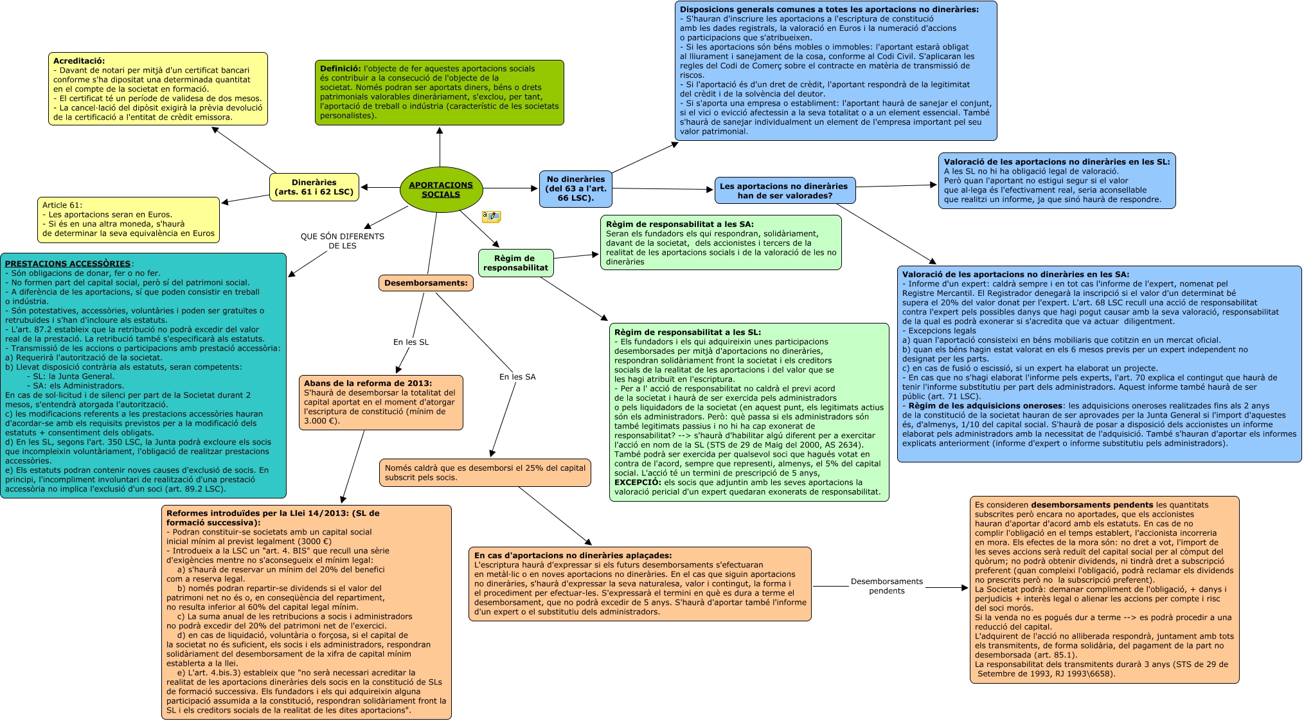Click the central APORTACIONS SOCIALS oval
(x=440, y=189)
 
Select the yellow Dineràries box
(x=314, y=187)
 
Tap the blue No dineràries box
(x=575, y=188)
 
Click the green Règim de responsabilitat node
(x=515, y=263)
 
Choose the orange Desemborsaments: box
(x=425, y=283)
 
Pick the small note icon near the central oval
(x=491, y=217)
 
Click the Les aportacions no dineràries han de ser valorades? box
(x=784, y=190)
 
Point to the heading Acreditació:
(x=78, y=61)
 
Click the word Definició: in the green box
(x=341, y=69)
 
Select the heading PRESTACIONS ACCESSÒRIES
(x=67, y=264)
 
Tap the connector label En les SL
(x=411, y=342)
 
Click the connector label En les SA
(x=517, y=377)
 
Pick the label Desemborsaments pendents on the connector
(x=886, y=586)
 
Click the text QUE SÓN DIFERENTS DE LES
(x=342, y=241)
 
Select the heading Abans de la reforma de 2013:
(x=368, y=383)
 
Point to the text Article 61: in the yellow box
(x=62, y=205)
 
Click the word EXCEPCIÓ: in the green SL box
(x=638, y=482)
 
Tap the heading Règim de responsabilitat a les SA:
(x=679, y=224)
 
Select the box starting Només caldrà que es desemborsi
(x=485, y=473)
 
